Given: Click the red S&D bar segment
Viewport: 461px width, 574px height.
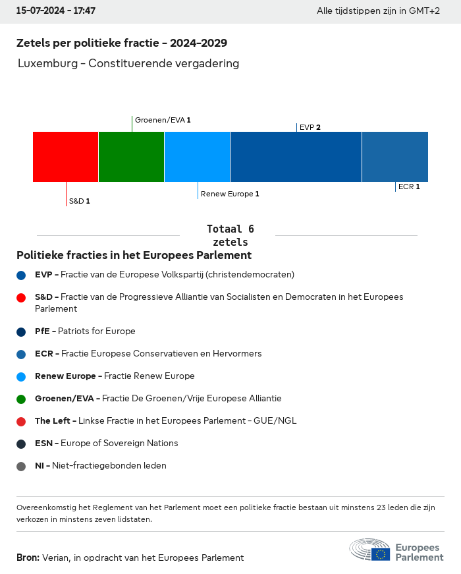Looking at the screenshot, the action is (65, 157).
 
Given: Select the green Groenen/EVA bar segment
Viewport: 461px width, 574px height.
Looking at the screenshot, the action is (131, 157).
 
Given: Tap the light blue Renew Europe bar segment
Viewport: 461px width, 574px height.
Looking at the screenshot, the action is (197, 157).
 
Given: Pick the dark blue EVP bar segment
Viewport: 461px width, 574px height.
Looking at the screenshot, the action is (296, 157).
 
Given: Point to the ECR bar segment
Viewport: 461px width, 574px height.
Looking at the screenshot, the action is (395, 157).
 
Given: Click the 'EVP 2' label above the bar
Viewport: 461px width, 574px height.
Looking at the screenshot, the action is (310, 127).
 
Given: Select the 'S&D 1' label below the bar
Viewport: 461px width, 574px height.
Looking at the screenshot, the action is (80, 201).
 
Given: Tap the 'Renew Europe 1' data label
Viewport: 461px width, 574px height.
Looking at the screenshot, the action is (230, 194).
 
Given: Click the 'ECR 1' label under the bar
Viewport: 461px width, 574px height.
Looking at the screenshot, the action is (409, 187).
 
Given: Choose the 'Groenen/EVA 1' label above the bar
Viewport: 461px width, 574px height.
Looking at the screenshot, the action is (163, 120).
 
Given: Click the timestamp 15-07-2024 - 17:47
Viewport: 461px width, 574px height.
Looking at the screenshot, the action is (55, 11).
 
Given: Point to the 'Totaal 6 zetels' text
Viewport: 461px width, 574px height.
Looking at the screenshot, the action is (230, 235).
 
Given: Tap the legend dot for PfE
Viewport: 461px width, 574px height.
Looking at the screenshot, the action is (21, 332).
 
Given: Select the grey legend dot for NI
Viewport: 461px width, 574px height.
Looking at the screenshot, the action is (21, 467).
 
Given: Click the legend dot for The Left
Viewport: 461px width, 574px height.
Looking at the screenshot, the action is (21, 422).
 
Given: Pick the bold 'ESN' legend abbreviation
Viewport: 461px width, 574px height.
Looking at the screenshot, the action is (43, 443).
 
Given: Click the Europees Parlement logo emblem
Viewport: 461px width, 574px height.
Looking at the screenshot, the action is (369, 549).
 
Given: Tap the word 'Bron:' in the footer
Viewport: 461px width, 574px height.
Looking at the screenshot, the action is (28, 558).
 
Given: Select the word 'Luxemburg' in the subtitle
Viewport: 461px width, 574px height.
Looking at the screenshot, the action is (48, 63).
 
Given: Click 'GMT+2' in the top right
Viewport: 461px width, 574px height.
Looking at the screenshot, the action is (424, 11).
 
